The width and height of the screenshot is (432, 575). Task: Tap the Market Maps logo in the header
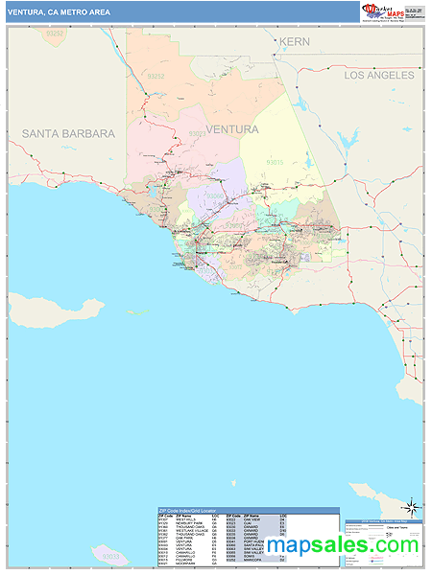point(384,11)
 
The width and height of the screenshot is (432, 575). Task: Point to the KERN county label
point(295,42)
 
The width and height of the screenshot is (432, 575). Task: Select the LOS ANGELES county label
point(379,75)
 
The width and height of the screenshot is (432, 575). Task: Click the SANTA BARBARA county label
point(68,133)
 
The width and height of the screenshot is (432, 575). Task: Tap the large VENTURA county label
point(230,129)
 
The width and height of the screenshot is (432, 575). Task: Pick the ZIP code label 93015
point(275,163)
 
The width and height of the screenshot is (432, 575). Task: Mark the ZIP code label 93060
point(215,195)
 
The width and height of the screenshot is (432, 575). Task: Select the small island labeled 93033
point(111,556)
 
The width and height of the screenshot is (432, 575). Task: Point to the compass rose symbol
point(412,506)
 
